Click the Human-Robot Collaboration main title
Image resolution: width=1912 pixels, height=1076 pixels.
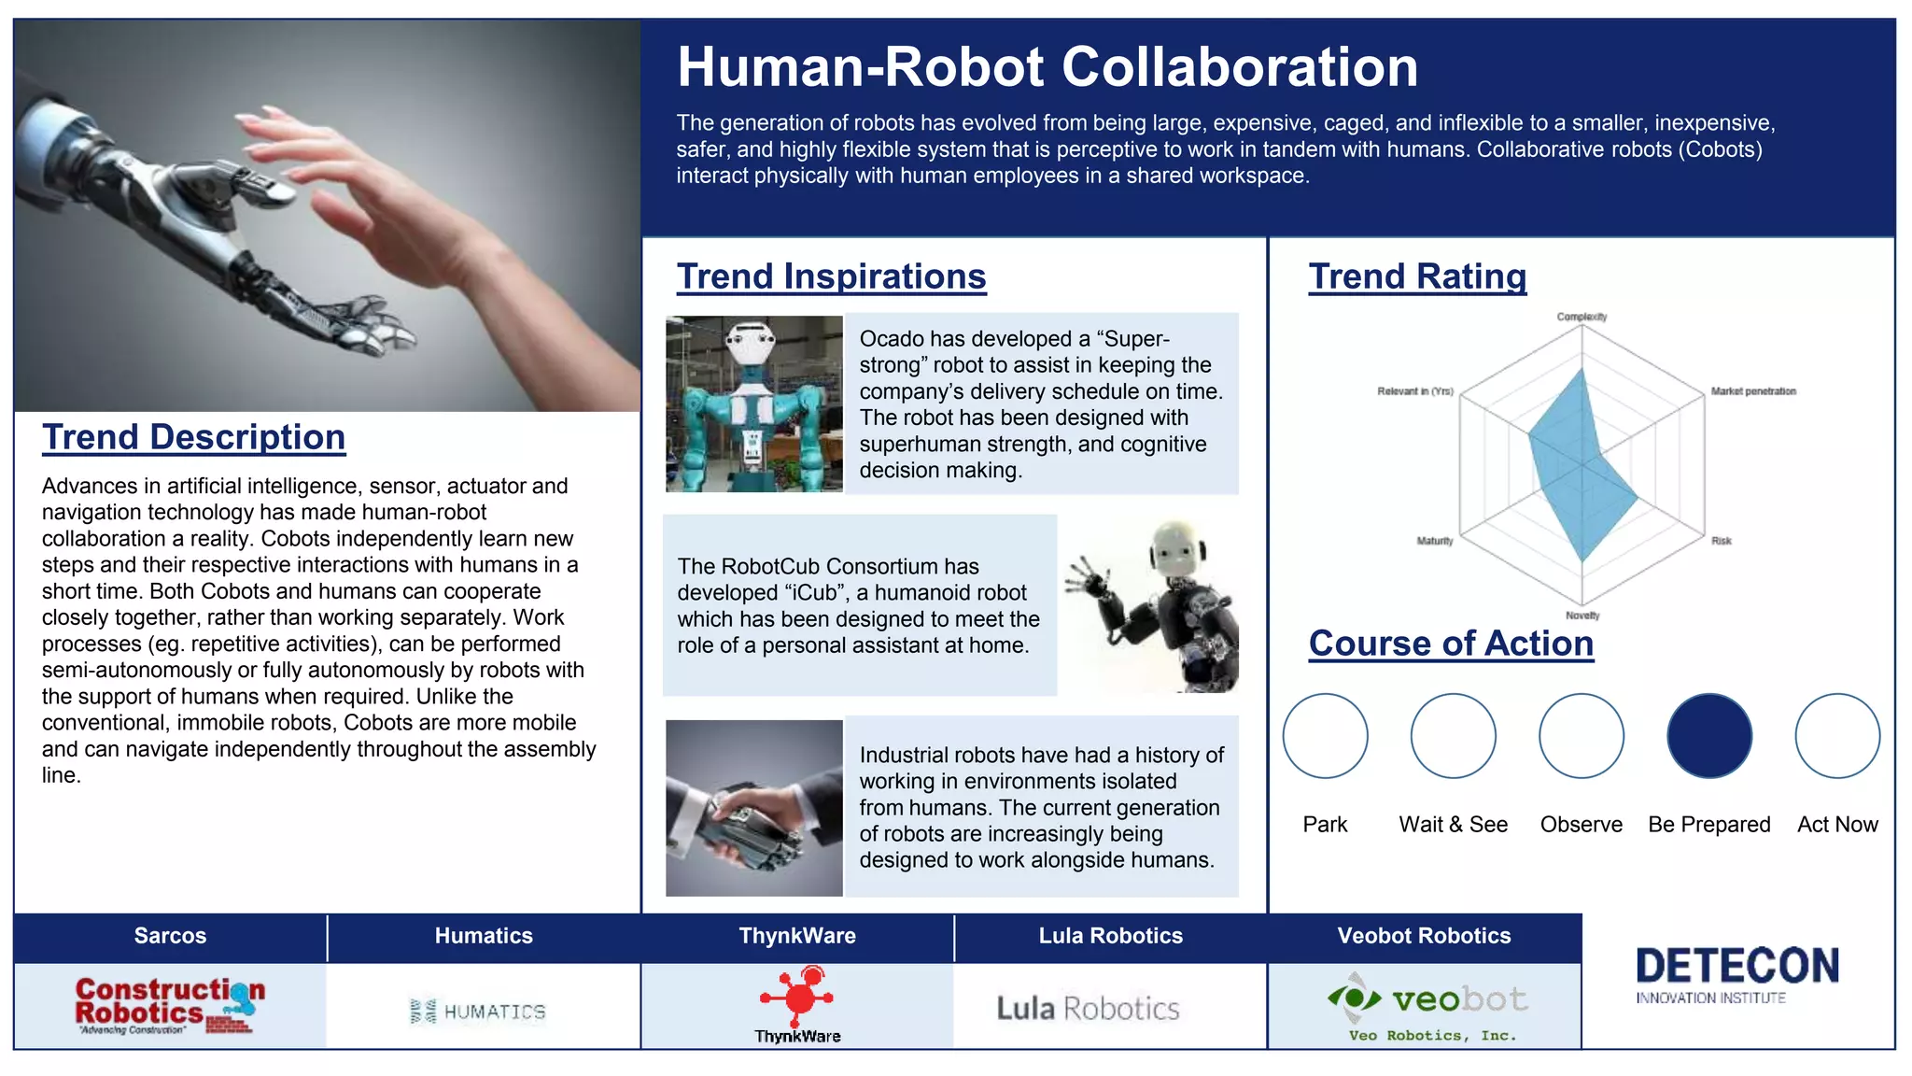tap(1047, 67)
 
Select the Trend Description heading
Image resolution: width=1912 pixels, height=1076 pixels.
tap(193, 437)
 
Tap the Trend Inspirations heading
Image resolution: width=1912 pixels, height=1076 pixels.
tap(831, 276)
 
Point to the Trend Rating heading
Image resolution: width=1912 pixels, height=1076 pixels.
tap(1417, 276)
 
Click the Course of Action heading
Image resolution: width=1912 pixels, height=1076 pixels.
tap(1451, 644)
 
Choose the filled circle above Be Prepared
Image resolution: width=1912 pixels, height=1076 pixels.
tap(1708, 736)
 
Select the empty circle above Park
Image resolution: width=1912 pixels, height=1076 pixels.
tap(1325, 736)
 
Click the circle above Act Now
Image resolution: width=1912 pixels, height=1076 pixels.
tap(1836, 736)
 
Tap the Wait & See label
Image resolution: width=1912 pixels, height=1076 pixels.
tap(1453, 825)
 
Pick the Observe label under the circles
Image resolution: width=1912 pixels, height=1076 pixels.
tap(1581, 825)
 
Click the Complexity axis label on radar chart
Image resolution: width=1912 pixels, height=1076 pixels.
tap(1582, 317)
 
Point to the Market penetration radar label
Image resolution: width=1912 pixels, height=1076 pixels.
tap(1752, 391)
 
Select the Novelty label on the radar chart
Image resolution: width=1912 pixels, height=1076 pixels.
tap(1582, 616)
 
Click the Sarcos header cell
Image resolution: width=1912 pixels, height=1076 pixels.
tap(170, 937)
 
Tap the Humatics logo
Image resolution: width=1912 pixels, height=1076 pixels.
tap(478, 1012)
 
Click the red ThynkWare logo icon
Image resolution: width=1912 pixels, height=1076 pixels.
tap(799, 996)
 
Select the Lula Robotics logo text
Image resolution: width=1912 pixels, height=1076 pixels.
tap(1088, 1009)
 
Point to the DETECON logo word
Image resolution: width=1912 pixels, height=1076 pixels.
tap(1737, 966)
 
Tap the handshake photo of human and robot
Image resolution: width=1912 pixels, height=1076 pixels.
tap(754, 809)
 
